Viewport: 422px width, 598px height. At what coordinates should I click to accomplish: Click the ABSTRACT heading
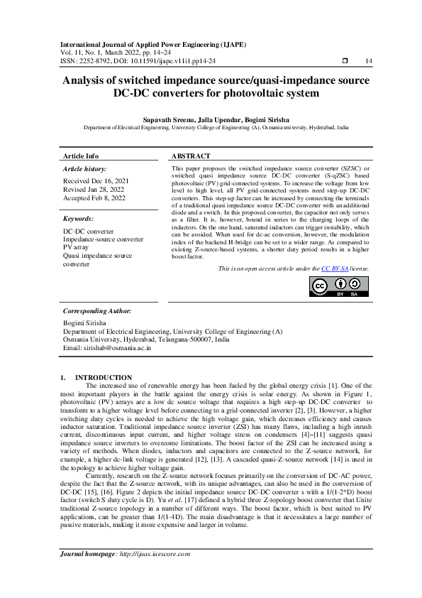tap(191, 156)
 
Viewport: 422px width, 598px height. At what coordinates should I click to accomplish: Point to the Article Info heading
tap(81, 156)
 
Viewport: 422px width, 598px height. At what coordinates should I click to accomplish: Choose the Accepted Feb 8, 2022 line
tap(93, 197)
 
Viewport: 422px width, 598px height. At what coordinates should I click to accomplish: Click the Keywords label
tap(79, 219)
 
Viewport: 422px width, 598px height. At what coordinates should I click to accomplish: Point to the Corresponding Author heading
tap(96, 310)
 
